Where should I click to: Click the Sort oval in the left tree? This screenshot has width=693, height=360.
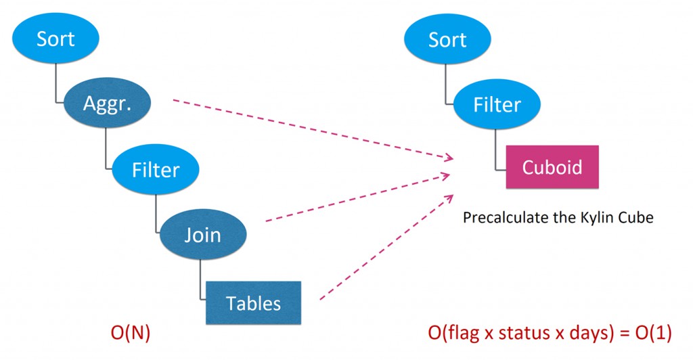pos(55,39)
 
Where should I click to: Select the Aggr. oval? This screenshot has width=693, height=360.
pos(106,104)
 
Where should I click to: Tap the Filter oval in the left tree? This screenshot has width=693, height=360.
pos(156,169)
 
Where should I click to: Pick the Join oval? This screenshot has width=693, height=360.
pos(202,234)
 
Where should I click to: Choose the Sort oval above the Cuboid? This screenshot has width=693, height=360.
pos(447,39)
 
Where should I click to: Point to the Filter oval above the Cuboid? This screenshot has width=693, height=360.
pos(497,105)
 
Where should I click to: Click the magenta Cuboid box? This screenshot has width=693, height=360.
pos(552,167)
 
